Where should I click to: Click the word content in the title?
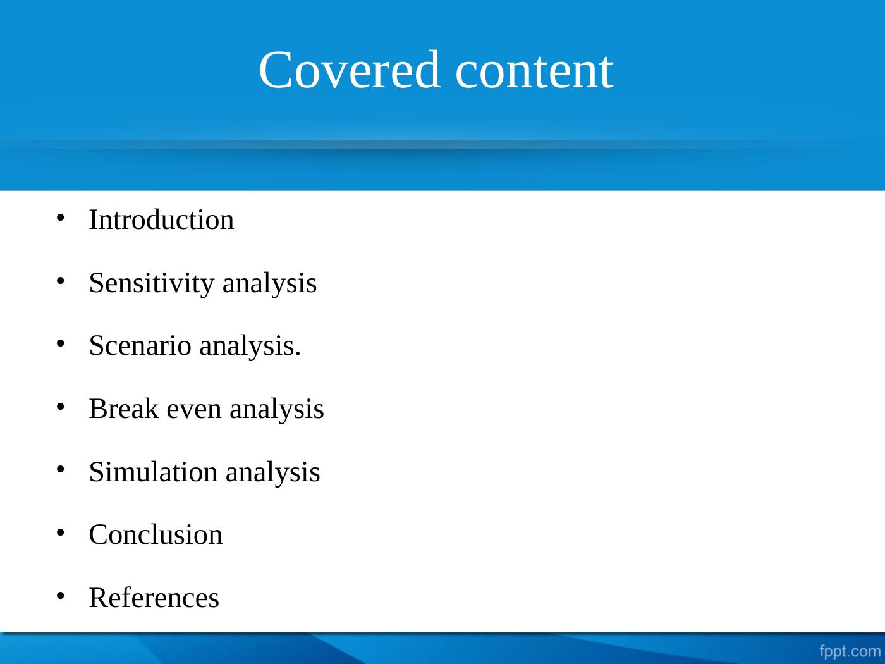coord(534,71)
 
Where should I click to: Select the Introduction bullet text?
coord(161,219)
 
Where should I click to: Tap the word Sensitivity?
coord(151,284)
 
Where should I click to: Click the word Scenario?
coord(140,345)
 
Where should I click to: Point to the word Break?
coord(123,409)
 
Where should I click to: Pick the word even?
coord(194,411)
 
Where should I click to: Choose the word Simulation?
coord(153,471)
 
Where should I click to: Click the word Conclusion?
coord(156,534)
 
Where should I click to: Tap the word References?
coord(154,598)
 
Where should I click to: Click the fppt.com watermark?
coord(850,651)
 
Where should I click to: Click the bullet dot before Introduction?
coord(61,218)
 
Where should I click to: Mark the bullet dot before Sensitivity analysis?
coord(61,281)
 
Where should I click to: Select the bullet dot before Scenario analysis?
coord(61,344)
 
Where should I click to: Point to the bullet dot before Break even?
coord(61,407)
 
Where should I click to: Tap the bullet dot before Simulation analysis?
coord(61,470)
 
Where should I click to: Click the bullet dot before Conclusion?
coord(61,533)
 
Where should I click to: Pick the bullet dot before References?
coord(61,596)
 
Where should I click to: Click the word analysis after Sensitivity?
coord(270,284)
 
